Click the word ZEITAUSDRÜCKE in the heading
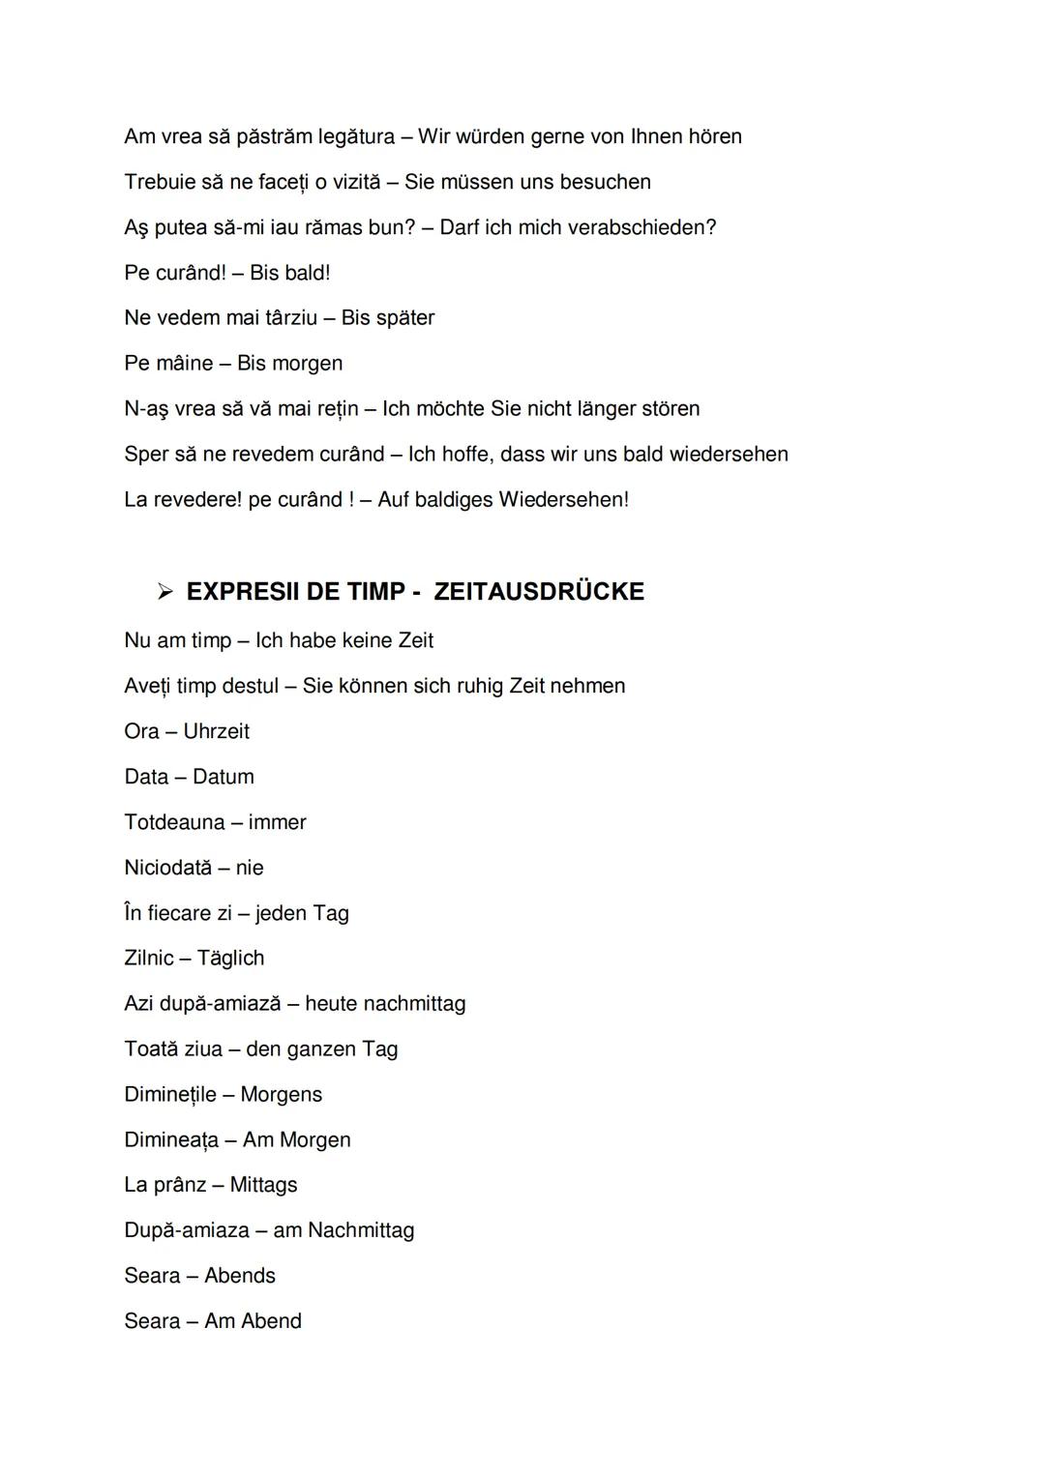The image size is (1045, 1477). click(539, 592)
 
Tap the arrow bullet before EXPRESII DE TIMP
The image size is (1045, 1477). click(165, 591)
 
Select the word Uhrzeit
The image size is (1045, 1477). click(216, 731)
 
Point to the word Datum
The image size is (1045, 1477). click(223, 777)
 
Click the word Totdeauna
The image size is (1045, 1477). click(174, 822)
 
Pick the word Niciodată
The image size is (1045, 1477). click(167, 868)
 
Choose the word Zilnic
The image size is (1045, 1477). click(149, 958)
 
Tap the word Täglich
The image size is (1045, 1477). click(230, 959)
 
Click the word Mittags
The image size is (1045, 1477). click(263, 1185)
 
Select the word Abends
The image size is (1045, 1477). click(240, 1276)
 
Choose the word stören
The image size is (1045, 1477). click(671, 409)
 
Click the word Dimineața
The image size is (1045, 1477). click(171, 1139)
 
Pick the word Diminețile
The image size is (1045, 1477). click(170, 1094)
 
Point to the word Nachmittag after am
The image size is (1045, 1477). click(361, 1230)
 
